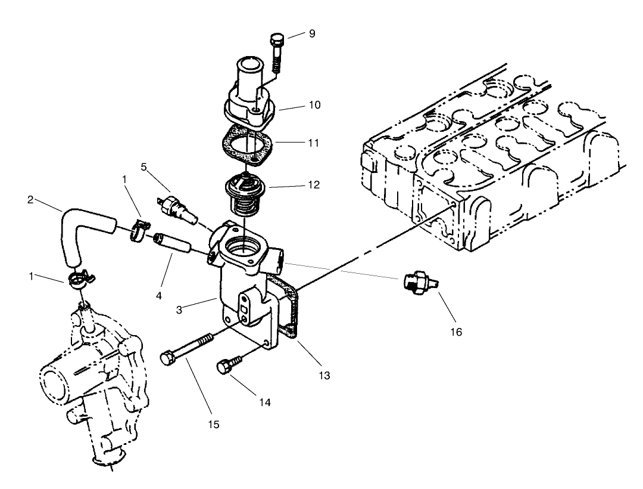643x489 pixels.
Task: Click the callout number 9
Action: click(x=311, y=33)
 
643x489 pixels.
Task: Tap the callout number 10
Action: click(x=314, y=104)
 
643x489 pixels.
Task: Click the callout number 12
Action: click(x=313, y=185)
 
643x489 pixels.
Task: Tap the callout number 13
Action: click(x=324, y=376)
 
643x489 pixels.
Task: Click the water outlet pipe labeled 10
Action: click(x=245, y=98)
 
